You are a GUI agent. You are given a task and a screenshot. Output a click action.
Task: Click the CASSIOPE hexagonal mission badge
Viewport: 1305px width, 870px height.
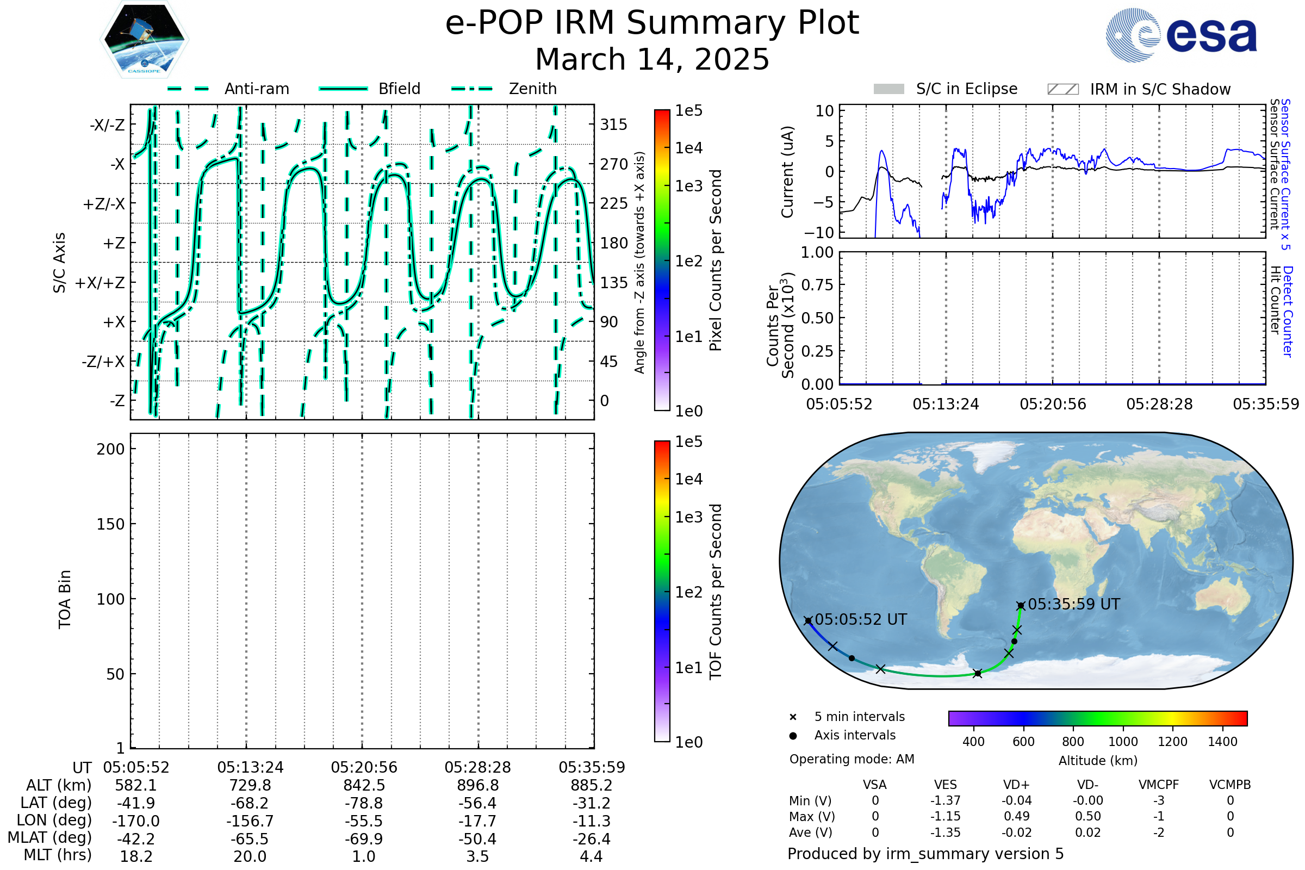[144, 39]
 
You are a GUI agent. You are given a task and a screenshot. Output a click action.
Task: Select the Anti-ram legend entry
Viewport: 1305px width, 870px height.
[228, 89]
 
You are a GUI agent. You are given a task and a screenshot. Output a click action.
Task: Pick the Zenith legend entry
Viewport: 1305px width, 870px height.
[504, 89]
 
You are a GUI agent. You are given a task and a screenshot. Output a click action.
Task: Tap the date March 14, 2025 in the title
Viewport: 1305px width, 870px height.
[652, 59]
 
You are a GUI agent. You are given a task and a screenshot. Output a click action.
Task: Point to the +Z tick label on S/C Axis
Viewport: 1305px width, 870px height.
[114, 243]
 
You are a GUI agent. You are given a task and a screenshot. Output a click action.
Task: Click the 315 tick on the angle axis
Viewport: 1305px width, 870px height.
[613, 125]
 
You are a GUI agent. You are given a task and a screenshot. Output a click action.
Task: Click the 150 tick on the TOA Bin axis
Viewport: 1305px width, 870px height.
[110, 524]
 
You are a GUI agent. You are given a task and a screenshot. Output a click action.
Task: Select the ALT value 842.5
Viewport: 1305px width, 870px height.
[364, 785]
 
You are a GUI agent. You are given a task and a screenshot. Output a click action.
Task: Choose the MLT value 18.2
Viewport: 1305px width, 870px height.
[136, 856]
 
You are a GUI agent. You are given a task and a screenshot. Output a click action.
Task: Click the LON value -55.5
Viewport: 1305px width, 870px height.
[364, 821]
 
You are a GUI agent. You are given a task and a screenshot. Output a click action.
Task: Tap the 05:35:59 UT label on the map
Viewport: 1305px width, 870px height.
[1073, 604]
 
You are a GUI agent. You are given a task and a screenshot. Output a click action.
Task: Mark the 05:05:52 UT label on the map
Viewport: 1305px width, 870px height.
[861, 619]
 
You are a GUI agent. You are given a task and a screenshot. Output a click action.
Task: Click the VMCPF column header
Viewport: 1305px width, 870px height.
[1159, 785]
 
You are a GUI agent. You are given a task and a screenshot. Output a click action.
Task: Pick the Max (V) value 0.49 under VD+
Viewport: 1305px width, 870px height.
[1016, 816]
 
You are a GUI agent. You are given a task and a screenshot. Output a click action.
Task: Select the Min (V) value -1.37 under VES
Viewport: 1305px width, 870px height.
[946, 800]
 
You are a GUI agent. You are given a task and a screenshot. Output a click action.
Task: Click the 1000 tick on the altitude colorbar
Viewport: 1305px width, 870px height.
[1123, 742]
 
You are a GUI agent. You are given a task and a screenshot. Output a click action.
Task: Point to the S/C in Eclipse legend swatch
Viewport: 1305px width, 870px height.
[889, 89]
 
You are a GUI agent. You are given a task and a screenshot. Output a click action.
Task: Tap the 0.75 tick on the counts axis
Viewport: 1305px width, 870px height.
[817, 284]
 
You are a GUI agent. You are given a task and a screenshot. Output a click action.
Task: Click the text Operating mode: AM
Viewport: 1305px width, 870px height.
[852, 759]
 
